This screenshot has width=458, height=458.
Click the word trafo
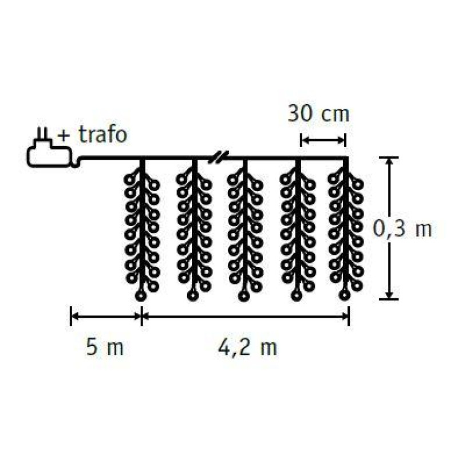click(x=103, y=135)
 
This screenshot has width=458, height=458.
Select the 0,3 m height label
click(x=402, y=228)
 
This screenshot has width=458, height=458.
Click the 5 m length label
click(x=105, y=347)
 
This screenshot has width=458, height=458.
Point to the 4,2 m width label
click(x=247, y=348)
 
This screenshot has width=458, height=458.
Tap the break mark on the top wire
click(x=219, y=157)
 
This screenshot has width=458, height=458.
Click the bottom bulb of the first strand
click(x=141, y=296)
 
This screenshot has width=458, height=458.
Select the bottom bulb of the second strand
click(x=192, y=296)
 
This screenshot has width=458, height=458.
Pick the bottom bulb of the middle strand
click(x=244, y=296)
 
